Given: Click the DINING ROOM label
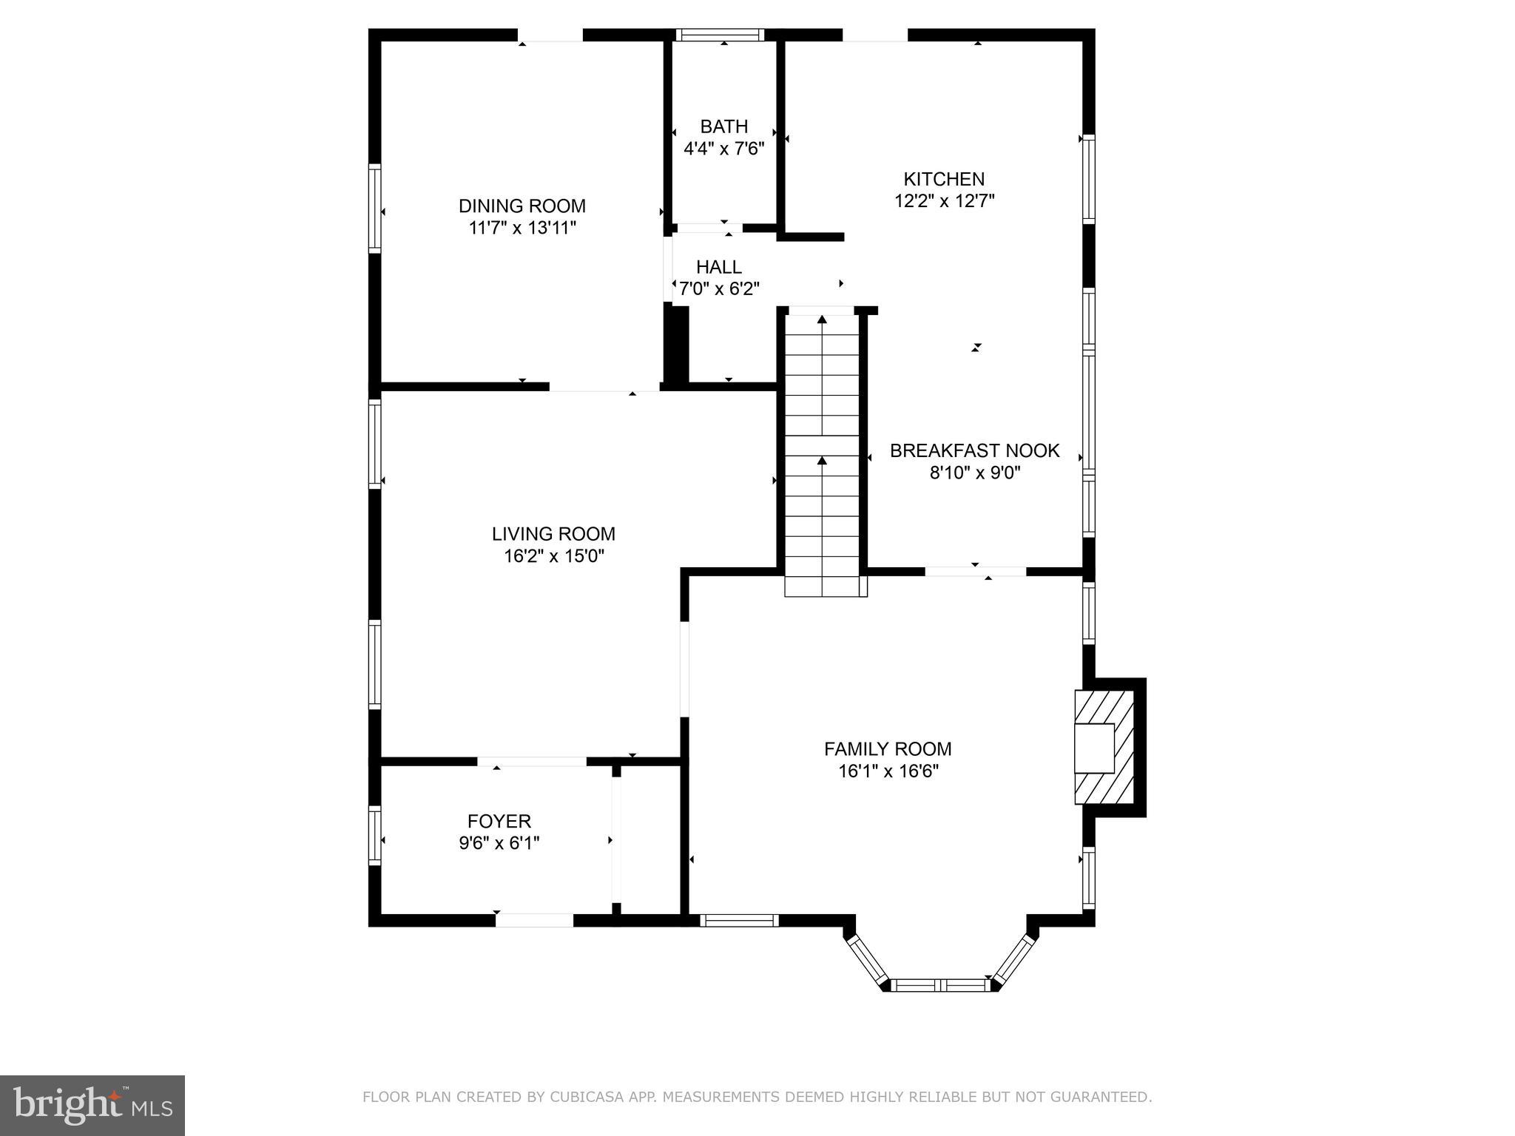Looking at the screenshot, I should tap(522, 206).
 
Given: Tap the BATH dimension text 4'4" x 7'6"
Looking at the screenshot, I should tap(723, 149).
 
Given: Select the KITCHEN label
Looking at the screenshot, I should tap(944, 179).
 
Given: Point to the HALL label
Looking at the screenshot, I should tap(718, 267).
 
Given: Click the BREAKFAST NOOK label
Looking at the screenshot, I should tap(974, 450).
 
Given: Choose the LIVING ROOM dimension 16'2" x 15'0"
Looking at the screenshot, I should tap(554, 556).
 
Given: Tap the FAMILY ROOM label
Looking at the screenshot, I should tap(888, 749).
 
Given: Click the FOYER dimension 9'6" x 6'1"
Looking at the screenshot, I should tap(499, 843).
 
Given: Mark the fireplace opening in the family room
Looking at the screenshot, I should tap(1094, 748).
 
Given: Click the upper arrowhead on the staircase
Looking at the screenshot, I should tap(822, 320).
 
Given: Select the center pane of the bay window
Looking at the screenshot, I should tap(940, 985).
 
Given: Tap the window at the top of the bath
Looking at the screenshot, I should tap(720, 35).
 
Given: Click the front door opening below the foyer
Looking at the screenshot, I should tap(534, 921).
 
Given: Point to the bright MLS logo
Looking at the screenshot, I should tap(92, 1105).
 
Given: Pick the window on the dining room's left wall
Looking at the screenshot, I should tap(375, 209).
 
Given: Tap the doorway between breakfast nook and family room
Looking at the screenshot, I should tap(975, 571).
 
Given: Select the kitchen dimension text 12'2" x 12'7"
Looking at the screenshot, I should tap(944, 201).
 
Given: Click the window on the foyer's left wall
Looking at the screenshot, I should tap(375, 835).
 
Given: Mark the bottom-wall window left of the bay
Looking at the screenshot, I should tap(739, 920).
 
